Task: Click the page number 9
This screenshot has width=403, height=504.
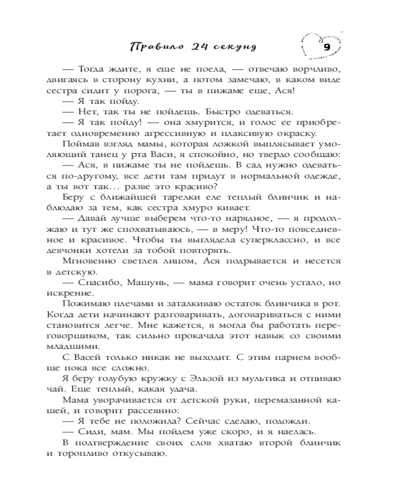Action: click(x=326, y=48)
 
